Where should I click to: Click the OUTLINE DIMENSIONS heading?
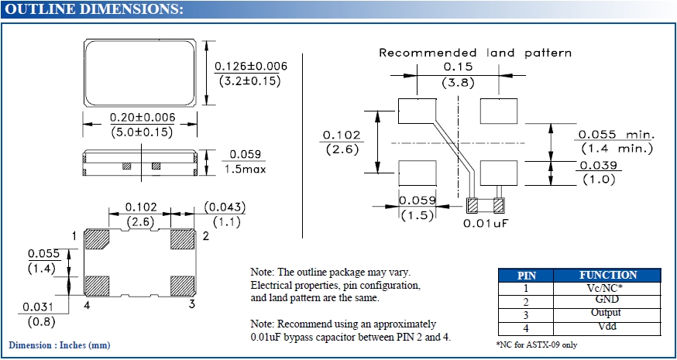[95, 9]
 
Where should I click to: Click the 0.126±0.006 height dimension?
[250, 67]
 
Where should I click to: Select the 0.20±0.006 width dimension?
[142, 118]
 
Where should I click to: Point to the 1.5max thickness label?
[242, 168]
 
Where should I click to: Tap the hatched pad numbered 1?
[97, 240]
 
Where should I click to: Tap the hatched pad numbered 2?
[184, 240]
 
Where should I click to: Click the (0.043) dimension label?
[225, 207]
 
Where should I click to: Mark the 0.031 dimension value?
[38, 307]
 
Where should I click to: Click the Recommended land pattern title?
[475, 53]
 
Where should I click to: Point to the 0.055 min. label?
[617, 134]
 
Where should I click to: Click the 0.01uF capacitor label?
[485, 223]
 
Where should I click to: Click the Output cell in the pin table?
[607, 313]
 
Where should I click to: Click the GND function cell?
[607, 300]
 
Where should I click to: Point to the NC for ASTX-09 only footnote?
[536, 344]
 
